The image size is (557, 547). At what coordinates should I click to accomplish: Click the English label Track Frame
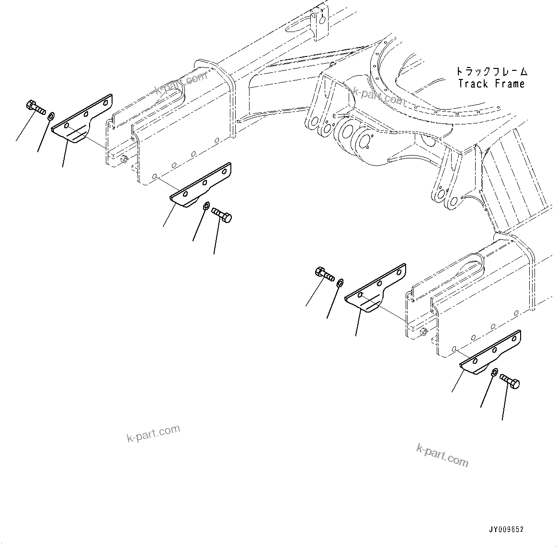coord(491,84)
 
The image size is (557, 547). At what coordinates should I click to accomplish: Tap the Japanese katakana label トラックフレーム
coord(491,72)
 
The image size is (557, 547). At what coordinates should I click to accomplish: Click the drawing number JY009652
coord(506,530)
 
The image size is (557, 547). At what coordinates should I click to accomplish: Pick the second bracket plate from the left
coord(200,186)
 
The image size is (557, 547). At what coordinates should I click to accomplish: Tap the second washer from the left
coord(205,206)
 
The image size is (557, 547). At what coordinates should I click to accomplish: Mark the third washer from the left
coord(340,282)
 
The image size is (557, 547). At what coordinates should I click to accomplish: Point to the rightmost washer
coord(495,372)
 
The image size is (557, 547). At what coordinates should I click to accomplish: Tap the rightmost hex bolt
coord(510,381)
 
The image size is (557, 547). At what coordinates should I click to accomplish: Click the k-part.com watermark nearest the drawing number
coord(442,455)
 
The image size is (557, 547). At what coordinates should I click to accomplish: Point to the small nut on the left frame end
coord(124,159)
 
